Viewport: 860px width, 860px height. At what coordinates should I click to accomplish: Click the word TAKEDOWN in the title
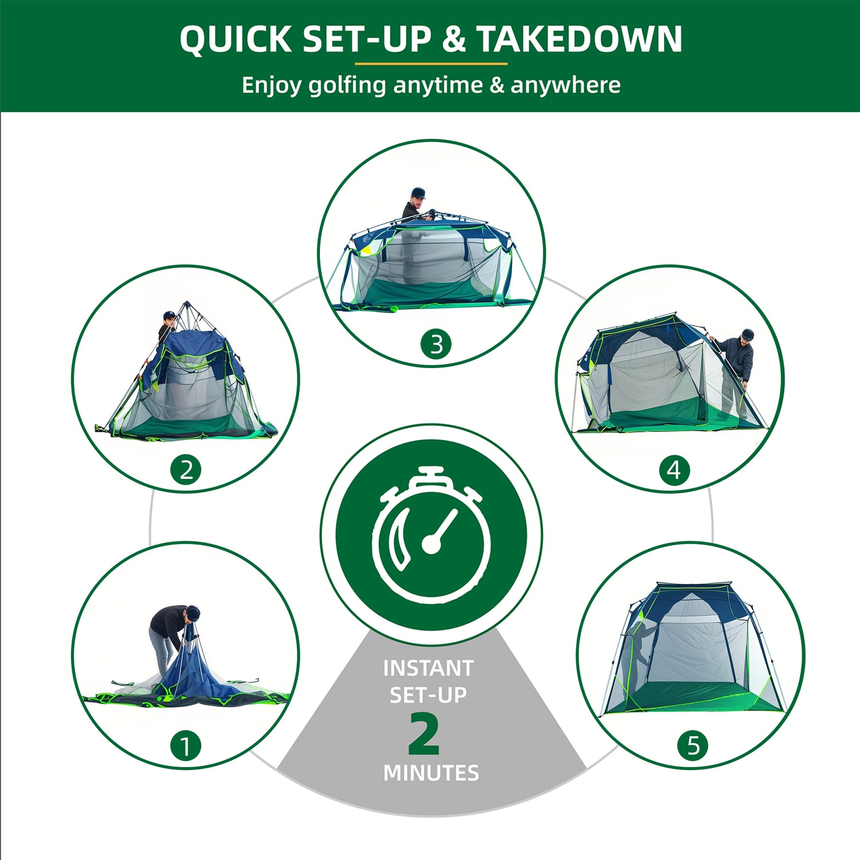[x=579, y=39]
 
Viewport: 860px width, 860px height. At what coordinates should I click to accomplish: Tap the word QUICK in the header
[x=236, y=40]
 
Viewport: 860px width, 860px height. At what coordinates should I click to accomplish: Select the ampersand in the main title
[x=454, y=39]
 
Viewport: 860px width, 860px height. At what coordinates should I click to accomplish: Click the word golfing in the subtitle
[x=347, y=85]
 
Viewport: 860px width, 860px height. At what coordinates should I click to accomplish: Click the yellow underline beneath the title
[x=431, y=64]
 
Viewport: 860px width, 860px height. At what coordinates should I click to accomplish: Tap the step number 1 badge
[x=186, y=746]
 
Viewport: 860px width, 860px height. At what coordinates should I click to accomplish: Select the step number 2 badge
[x=186, y=470]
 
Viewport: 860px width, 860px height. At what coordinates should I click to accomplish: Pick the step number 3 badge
[x=436, y=344]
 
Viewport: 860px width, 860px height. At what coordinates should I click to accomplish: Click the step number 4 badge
[x=674, y=470]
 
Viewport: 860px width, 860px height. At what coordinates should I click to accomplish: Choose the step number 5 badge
[x=693, y=745]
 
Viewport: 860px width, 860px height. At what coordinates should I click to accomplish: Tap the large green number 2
[x=424, y=733]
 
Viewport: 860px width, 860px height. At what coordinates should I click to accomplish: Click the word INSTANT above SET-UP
[x=428, y=668]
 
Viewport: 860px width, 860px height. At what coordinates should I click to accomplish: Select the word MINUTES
[x=431, y=773]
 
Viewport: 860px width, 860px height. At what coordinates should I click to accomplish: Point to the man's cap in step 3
[x=419, y=191]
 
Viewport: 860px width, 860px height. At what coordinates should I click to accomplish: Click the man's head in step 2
[x=169, y=318]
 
